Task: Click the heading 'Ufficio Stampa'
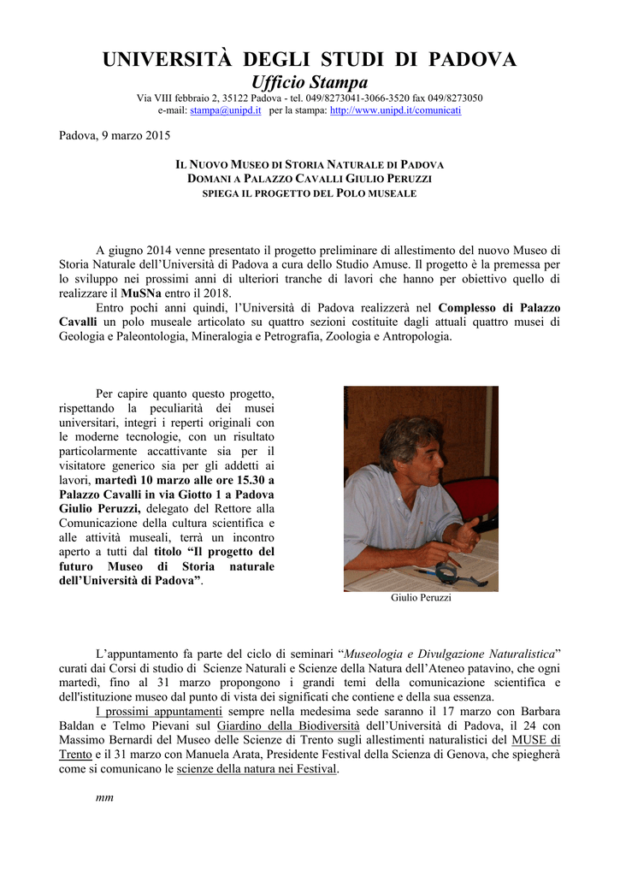coord(309,82)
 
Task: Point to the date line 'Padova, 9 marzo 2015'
coord(114,135)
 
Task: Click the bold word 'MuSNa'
coord(142,293)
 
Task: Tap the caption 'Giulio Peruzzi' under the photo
coord(421,598)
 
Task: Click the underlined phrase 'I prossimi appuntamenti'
coord(158,712)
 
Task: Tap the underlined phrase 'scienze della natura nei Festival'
coord(257,769)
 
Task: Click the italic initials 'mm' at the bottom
coord(104,797)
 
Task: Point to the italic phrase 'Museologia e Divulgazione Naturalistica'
coord(448,654)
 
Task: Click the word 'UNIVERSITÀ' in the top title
coord(167,59)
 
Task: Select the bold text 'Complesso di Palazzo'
coord(499,307)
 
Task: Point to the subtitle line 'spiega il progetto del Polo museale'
coord(309,194)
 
